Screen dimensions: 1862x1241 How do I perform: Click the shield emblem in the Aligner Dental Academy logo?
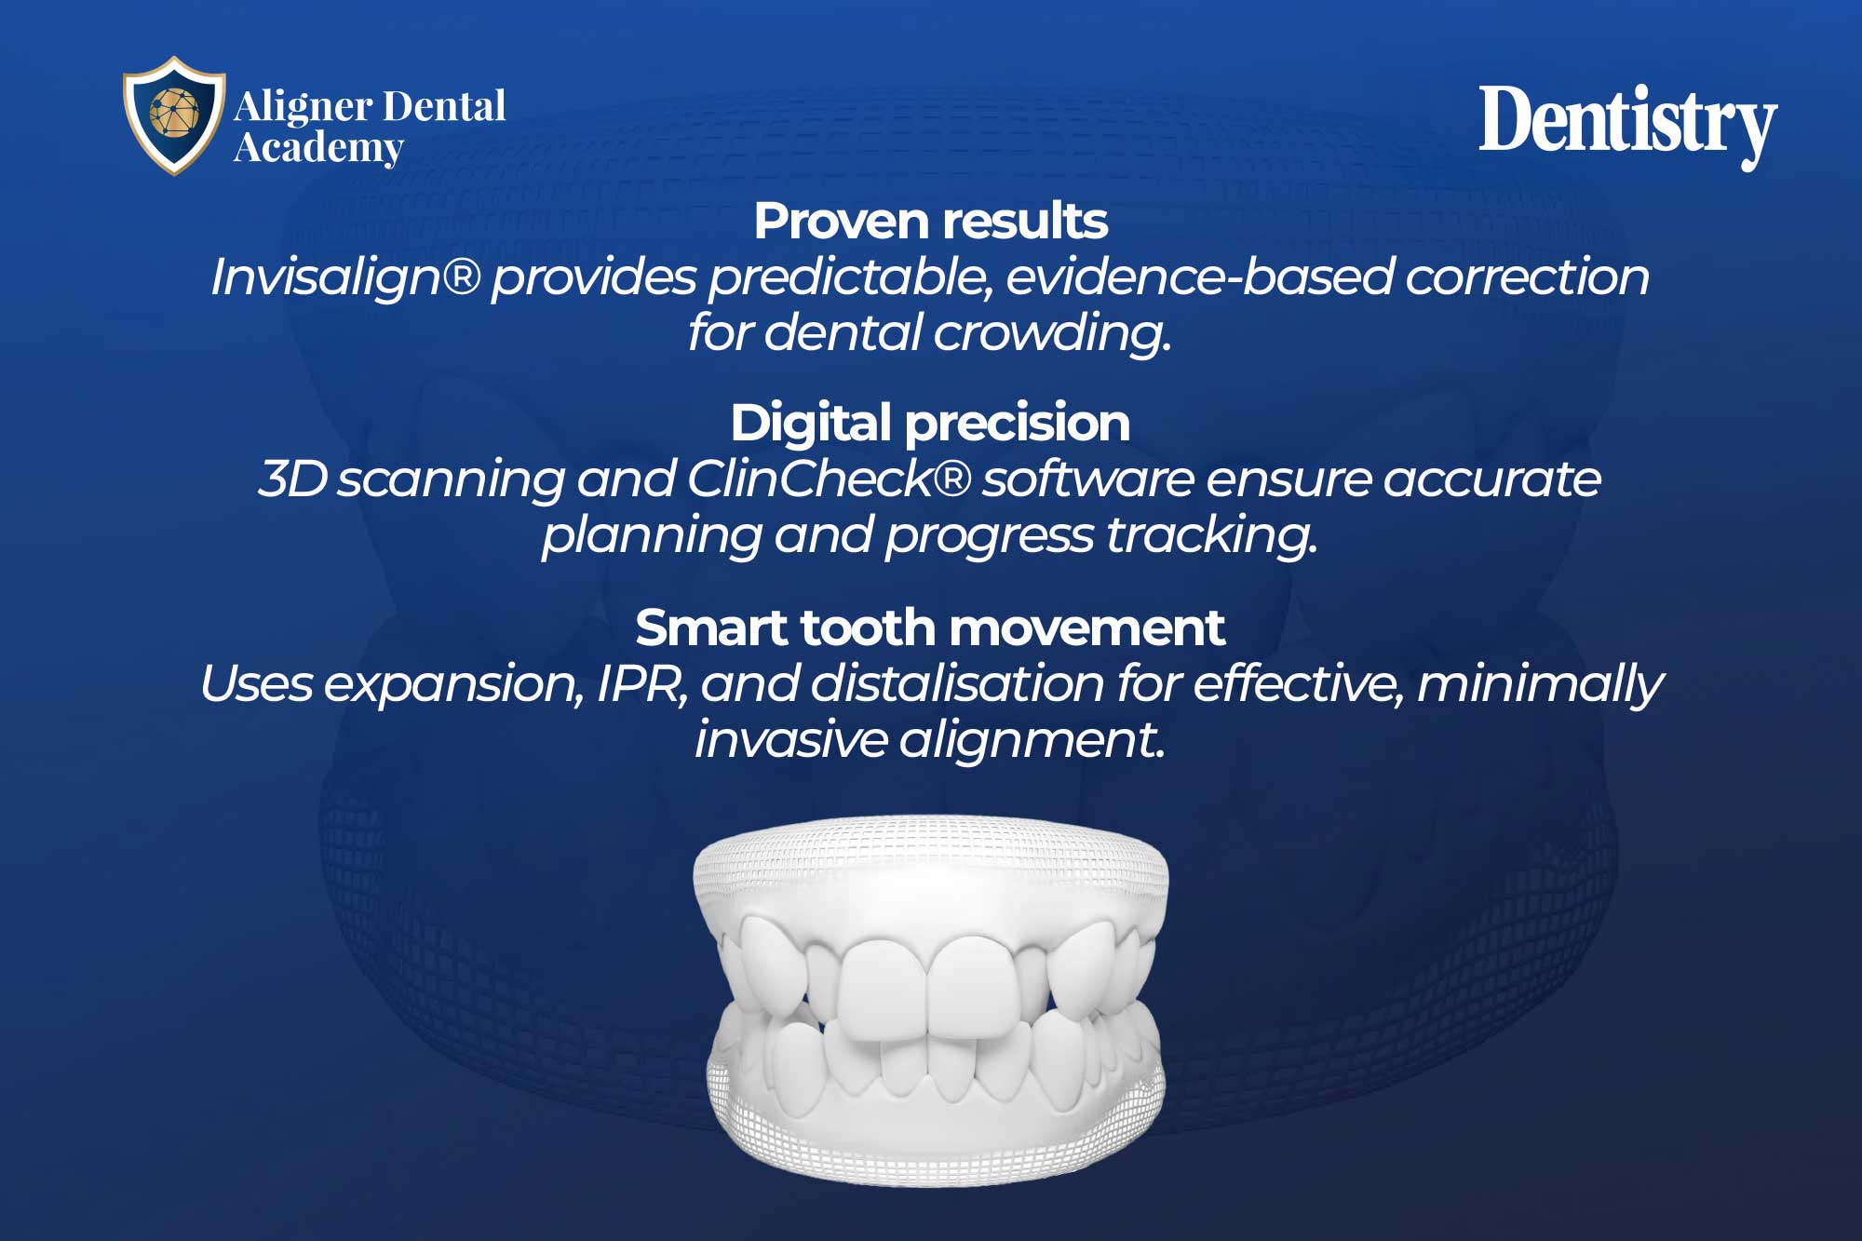click(174, 115)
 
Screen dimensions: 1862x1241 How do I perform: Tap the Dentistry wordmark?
click(1628, 124)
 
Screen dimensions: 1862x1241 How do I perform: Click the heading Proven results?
click(931, 222)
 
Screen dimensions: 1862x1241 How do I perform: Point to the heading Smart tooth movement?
click(931, 627)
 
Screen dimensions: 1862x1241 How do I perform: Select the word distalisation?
click(958, 684)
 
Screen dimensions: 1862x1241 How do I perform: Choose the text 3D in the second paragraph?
click(293, 479)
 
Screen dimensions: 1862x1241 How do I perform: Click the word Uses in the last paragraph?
click(256, 684)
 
